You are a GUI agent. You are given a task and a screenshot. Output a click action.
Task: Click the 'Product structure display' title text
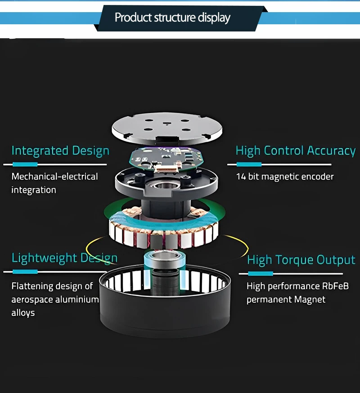pyautogui.click(x=172, y=18)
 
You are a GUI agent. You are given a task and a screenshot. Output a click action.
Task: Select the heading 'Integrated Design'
pyautogui.click(x=60, y=151)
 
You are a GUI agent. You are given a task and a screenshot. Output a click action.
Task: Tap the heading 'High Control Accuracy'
pyautogui.click(x=296, y=151)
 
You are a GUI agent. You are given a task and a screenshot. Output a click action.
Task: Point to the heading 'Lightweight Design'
pyautogui.click(x=64, y=258)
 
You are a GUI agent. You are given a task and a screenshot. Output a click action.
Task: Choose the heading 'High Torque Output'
pyautogui.click(x=301, y=260)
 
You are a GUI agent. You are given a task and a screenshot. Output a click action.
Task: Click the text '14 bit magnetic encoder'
pyautogui.click(x=285, y=177)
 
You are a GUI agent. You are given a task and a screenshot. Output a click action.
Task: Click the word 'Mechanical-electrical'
pyautogui.click(x=54, y=176)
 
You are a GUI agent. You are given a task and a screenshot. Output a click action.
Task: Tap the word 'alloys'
pyautogui.click(x=23, y=313)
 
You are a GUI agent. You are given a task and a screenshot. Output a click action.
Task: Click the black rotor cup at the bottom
pyautogui.click(x=167, y=315)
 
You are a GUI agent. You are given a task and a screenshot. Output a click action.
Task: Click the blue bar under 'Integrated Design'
pyautogui.click(x=25, y=164)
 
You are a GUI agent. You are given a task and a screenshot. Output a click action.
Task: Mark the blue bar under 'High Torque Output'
pyautogui.click(x=260, y=273)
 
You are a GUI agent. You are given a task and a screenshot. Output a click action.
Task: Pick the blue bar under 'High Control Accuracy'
pyautogui.click(x=248, y=164)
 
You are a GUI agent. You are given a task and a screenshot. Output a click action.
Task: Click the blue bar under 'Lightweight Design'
pyautogui.click(x=25, y=272)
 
